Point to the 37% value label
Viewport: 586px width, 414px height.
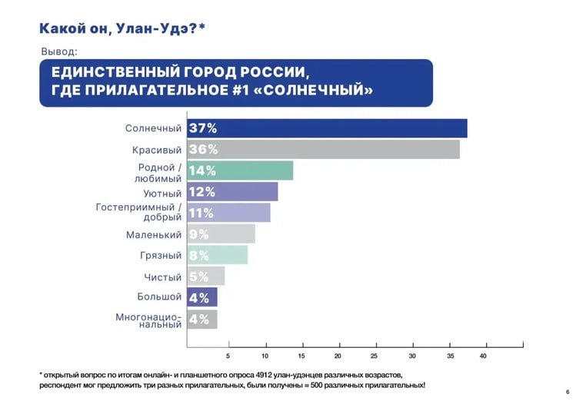[203, 128]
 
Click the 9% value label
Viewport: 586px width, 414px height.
[198, 234]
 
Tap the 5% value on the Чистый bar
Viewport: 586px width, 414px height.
[198, 277]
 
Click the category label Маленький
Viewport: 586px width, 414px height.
[154, 234]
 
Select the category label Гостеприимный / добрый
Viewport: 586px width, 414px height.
[139, 212]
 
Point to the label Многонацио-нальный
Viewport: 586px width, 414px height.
[149, 320]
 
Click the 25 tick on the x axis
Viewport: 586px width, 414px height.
[374, 356]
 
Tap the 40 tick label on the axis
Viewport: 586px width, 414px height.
[484, 356]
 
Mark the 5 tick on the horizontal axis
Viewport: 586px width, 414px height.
[228, 356]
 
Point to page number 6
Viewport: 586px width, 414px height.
[567, 392]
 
